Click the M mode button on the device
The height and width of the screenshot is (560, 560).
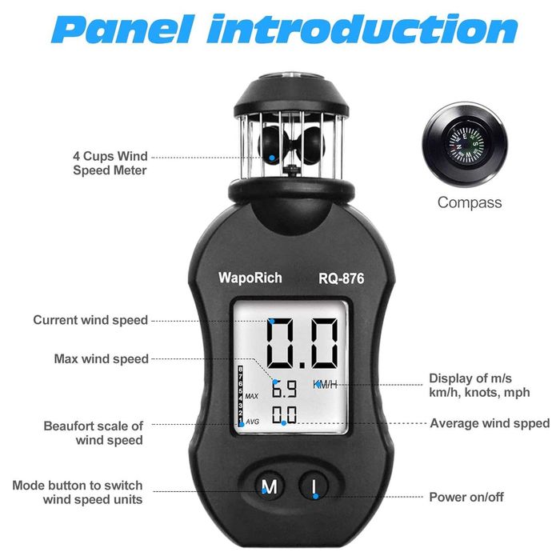tap(270, 486)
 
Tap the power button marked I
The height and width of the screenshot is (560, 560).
tap(314, 486)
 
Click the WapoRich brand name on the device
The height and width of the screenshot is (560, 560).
tap(250, 278)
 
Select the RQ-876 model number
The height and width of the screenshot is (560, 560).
tap(342, 278)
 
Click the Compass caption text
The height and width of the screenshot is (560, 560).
tap(470, 202)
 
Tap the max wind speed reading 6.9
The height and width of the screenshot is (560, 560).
tap(284, 388)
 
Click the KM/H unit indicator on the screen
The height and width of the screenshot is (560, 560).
tap(325, 384)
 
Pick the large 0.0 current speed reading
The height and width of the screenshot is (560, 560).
tap(302, 343)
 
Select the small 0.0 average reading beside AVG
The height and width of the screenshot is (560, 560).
tap(284, 414)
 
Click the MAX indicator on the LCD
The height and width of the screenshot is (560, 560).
tap(252, 396)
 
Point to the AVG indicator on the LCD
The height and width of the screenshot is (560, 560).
tap(253, 422)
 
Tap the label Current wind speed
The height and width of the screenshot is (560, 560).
tap(90, 320)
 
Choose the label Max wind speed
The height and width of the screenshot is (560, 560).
tap(101, 358)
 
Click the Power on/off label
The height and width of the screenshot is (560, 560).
tap(466, 497)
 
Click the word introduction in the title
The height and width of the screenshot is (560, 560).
tap(362, 29)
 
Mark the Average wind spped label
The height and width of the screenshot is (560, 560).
tap(490, 423)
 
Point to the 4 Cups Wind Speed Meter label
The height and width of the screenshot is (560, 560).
tap(110, 163)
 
